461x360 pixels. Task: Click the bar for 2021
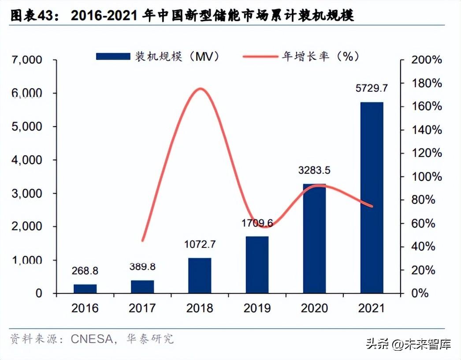pyautogui.click(x=372, y=198)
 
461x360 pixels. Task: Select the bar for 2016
pyautogui.click(x=85, y=289)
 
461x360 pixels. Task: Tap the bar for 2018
pyautogui.click(x=200, y=276)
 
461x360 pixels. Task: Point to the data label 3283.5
pyautogui.click(x=314, y=170)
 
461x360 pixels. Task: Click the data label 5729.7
pyautogui.click(x=372, y=88)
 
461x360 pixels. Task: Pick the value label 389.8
pyautogui.click(x=142, y=266)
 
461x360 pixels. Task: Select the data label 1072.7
pyautogui.click(x=200, y=244)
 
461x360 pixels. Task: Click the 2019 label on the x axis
pyautogui.click(x=257, y=307)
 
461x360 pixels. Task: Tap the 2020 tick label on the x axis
pyautogui.click(x=314, y=307)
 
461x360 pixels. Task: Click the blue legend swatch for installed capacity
pyautogui.click(x=113, y=56)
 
